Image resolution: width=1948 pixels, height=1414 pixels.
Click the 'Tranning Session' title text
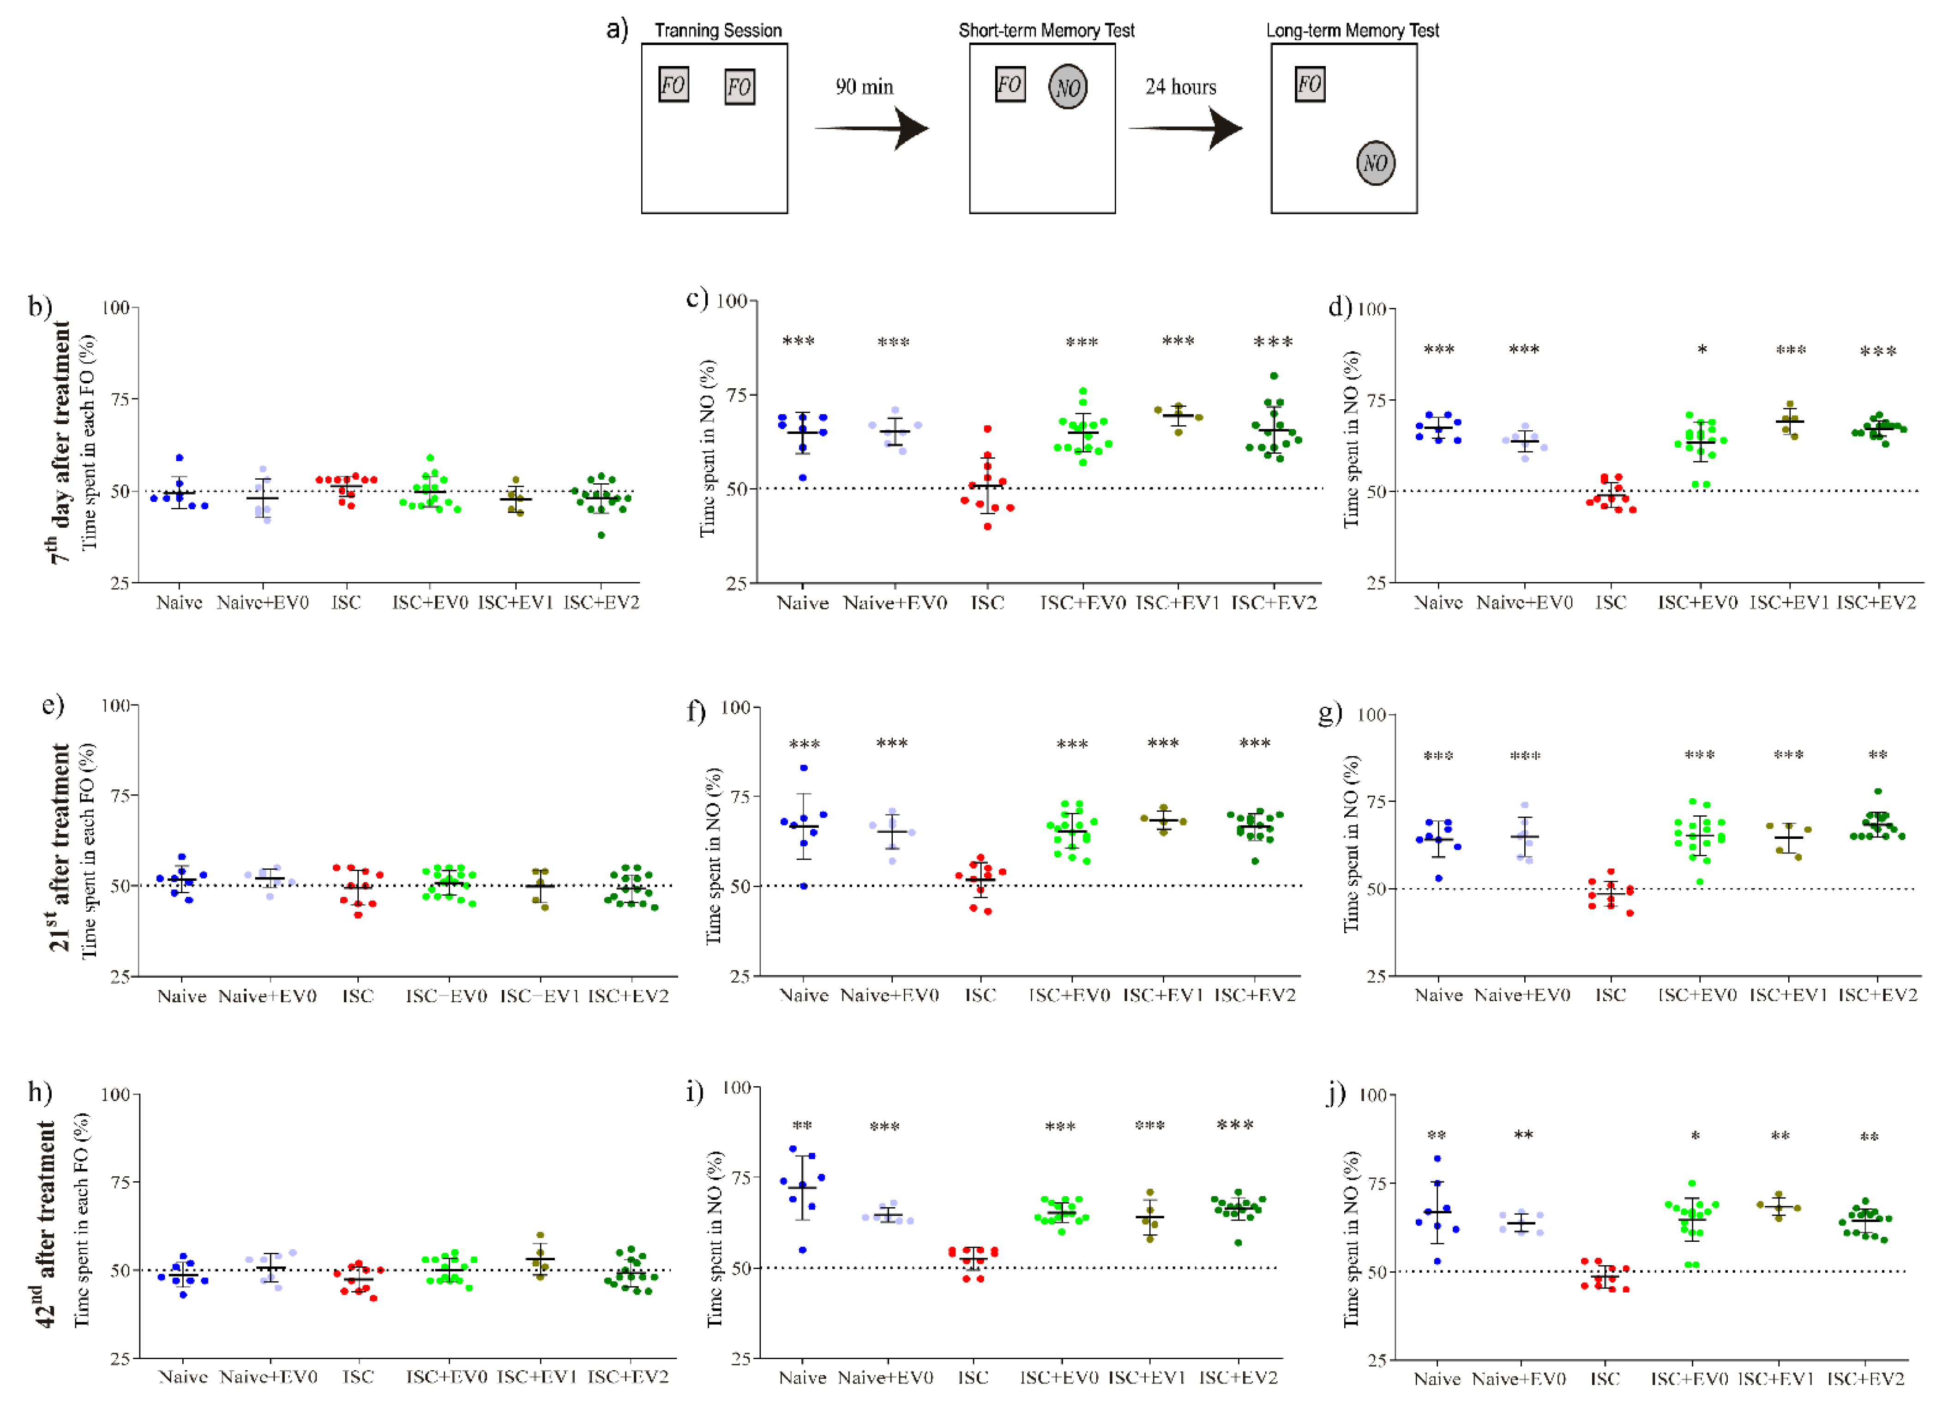click(718, 31)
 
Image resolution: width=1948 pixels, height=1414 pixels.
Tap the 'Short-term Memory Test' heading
click(1046, 31)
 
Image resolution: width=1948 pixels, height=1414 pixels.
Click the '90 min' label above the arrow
click(864, 87)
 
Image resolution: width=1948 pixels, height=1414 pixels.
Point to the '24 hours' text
click(1180, 87)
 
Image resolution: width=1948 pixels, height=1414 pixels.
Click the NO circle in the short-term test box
click(1068, 87)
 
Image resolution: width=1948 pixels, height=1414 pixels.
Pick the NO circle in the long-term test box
click(1375, 163)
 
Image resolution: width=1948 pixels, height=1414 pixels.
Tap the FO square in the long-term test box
click(1310, 84)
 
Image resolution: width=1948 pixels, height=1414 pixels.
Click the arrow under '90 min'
click(872, 129)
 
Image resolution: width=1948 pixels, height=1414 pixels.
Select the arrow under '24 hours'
click(1185, 129)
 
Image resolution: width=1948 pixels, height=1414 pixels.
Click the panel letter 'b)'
click(40, 307)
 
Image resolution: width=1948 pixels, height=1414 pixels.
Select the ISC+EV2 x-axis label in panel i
click(1238, 1378)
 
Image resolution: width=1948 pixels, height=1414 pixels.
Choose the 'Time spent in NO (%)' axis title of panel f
click(713, 855)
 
